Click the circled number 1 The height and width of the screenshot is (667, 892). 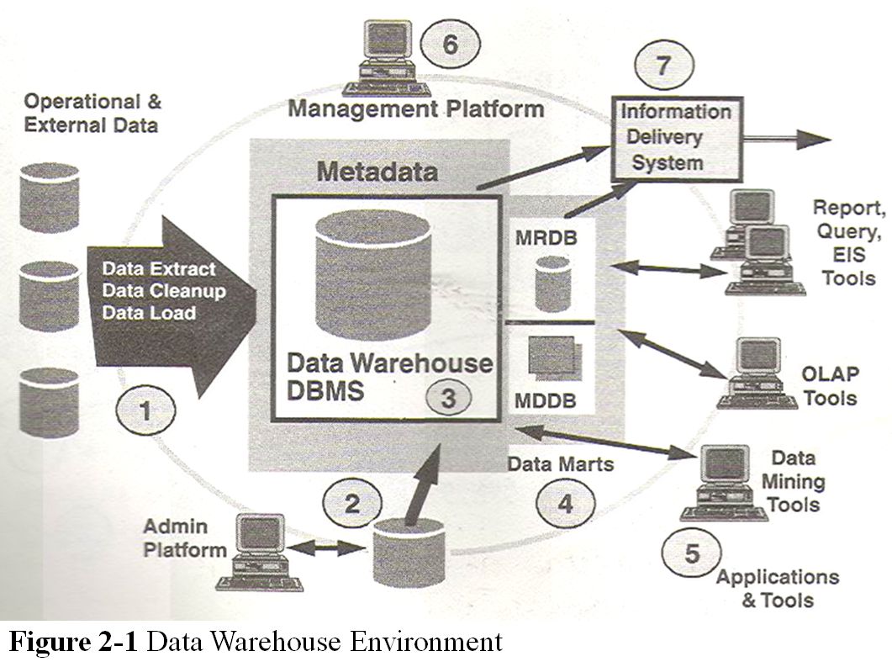pos(147,412)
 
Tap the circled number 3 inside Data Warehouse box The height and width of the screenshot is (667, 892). pos(449,398)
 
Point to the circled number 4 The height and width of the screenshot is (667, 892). pos(565,503)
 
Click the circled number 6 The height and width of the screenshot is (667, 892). pos(450,44)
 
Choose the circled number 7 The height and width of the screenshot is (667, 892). pos(664,66)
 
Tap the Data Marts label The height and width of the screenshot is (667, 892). pos(550,464)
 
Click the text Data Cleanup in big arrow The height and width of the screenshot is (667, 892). pos(156,291)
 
